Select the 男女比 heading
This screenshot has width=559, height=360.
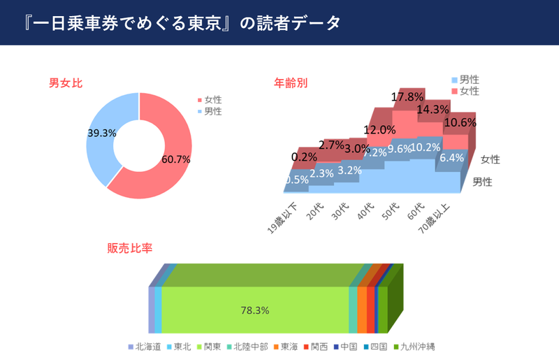coord(66,83)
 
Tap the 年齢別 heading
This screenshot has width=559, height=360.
coord(291,83)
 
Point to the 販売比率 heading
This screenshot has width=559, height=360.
coord(130,248)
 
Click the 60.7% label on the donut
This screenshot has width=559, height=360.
coord(175,159)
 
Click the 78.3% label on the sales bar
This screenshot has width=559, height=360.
coord(254,310)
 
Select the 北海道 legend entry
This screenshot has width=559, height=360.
coord(147,347)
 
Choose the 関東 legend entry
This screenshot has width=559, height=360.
coord(215,347)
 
